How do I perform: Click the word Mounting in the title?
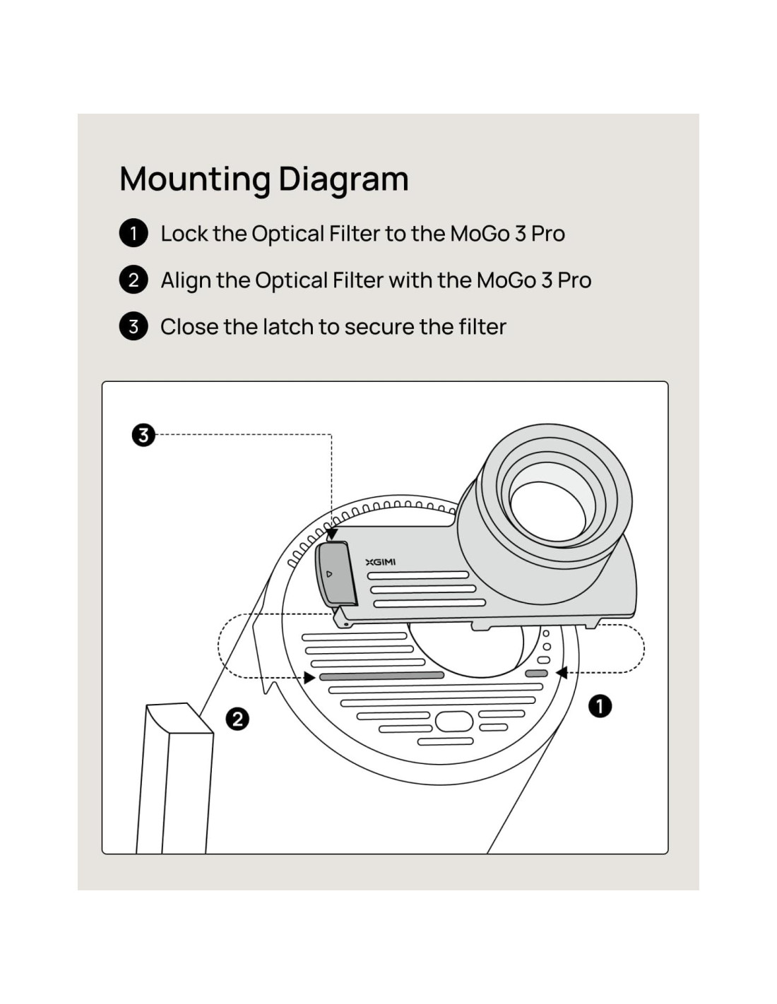pos(194,179)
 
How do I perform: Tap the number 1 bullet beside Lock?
pos(134,233)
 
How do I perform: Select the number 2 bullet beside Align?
pos(134,280)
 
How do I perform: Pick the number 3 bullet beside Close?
pos(134,326)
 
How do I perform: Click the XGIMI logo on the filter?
pos(380,562)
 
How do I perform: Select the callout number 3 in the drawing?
pos(143,435)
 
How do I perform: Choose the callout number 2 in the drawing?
pos(237,719)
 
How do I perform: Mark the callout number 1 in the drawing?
pos(600,705)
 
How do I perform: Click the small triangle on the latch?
pos(328,574)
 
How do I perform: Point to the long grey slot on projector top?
pos(381,676)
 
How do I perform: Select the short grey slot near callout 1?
pos(537,674)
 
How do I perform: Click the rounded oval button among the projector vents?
pos(454,722)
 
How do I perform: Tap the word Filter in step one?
pos(359,234)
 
